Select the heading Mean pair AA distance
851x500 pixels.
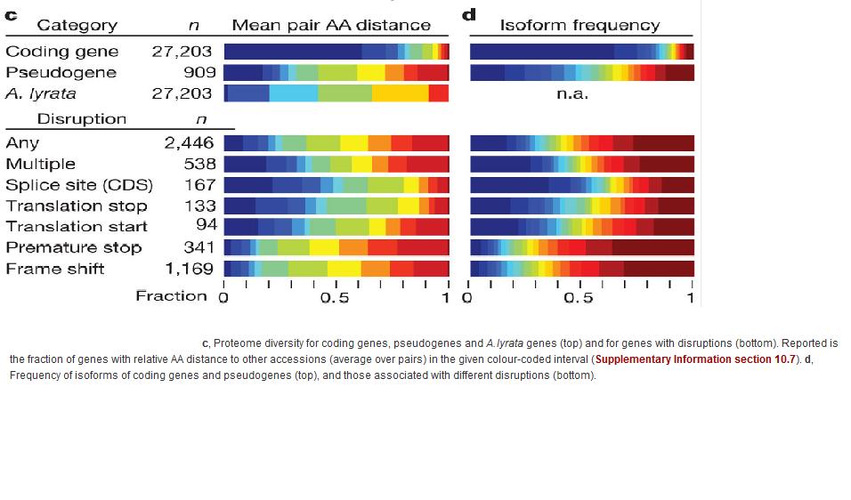coord(331,26)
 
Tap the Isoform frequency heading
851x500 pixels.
coord(579,26)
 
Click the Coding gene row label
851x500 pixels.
coord(61,52)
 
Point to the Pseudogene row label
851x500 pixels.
coord(61,72)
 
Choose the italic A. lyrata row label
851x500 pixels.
coord(41,93)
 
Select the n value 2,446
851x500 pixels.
coord(189,142)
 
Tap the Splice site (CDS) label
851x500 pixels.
coord(79,185)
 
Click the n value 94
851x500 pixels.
coord(207,226)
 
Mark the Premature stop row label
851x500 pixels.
coord(74,247)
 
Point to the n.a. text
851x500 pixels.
coord(571,93)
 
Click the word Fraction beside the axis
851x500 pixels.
coord(171,295)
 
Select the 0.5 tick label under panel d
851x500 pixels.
coord(579,298)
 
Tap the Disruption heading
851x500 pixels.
coord(82,119)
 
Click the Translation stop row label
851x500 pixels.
coord(77,206)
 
